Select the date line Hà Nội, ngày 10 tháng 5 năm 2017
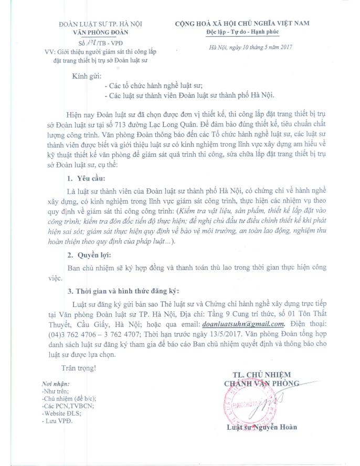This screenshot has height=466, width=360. tap(250, 48)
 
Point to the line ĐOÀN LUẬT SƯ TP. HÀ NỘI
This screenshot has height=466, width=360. tap(100, 23)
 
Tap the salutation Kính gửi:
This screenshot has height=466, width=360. tap(87, 77)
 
